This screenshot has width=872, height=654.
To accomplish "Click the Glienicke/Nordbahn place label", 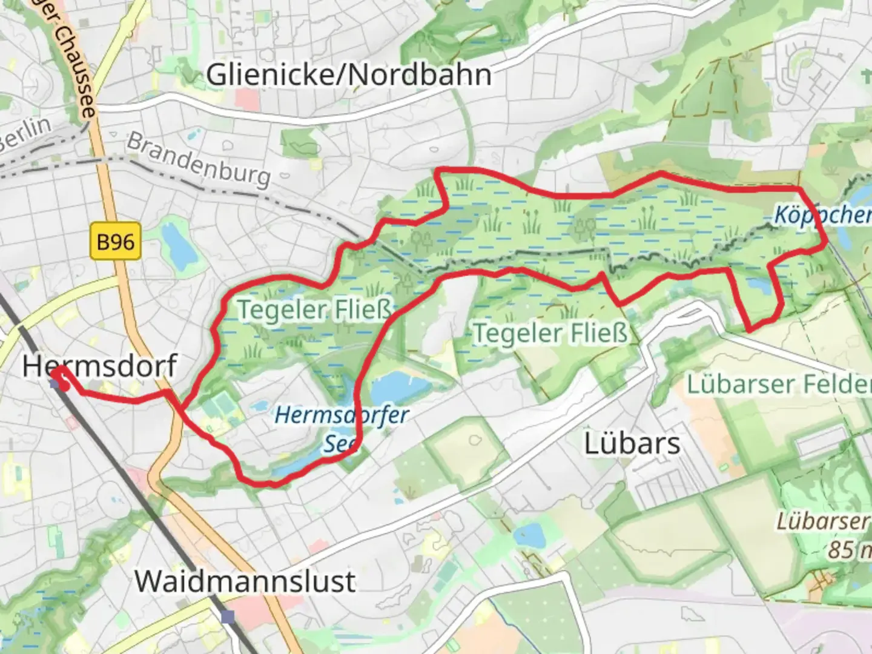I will [349, 75].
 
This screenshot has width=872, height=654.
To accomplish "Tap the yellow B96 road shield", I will [115, 242].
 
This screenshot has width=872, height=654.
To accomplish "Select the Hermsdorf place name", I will [100, 366].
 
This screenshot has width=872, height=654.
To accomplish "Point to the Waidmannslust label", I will [245, 581].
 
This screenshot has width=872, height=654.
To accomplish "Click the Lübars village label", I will [632, 443].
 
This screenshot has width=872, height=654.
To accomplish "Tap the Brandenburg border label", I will [199, 159].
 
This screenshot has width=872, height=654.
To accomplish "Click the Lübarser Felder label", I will [778, 384].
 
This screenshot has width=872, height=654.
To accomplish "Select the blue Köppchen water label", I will [822, 214].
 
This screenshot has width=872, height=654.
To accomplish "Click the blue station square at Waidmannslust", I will [228, 617].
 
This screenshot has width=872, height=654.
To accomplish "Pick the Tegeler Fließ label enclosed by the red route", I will [314, 309].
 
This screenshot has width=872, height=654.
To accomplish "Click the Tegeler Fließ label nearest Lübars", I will [550, 333].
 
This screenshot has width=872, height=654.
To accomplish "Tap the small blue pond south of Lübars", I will [529, 535].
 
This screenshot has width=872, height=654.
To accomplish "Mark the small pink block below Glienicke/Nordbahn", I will [246, 99].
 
